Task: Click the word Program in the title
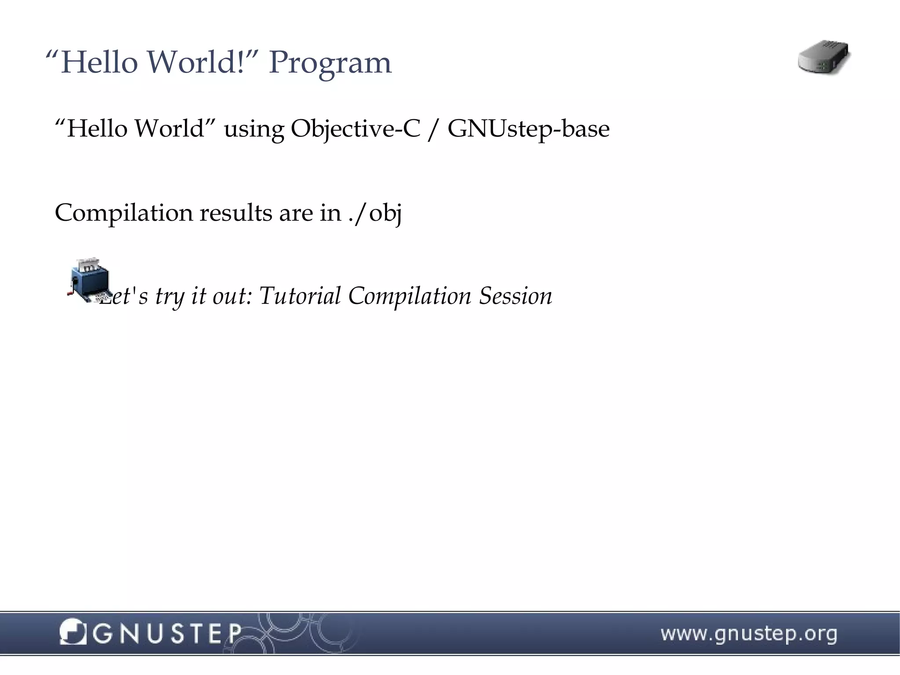pos(330,63)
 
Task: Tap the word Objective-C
pos(356,129)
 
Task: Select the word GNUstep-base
pos(528,129)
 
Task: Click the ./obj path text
pos(375,213)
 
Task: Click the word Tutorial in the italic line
pos(300,296)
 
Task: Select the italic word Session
pos(515,296)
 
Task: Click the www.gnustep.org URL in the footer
pos(749,634)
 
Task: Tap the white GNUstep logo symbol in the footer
pos(72,632)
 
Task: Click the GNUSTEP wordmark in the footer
pos(167,634)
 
